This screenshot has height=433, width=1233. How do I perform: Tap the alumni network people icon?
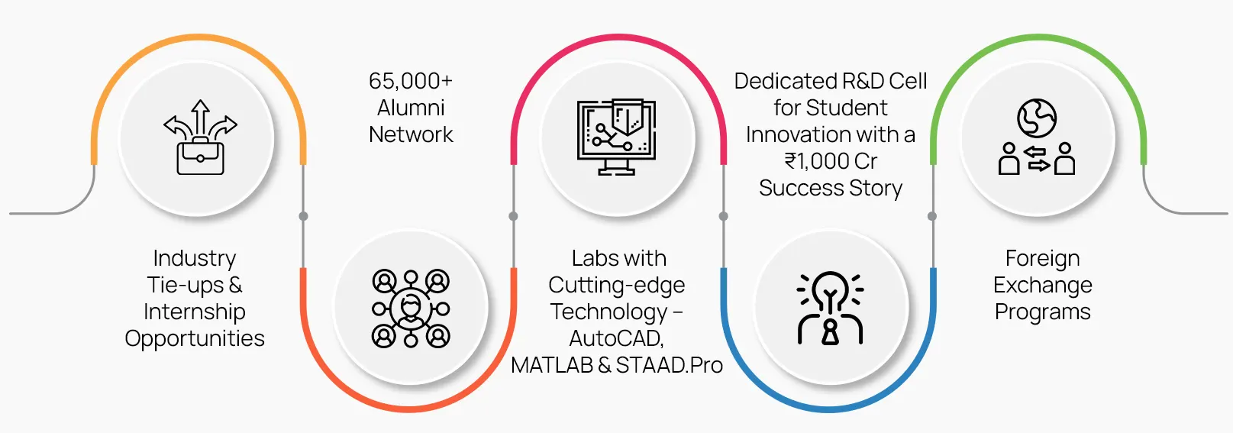411,308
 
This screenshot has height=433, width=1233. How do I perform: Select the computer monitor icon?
616,137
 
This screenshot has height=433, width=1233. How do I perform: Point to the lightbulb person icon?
830,308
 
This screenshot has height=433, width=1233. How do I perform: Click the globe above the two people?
1036,118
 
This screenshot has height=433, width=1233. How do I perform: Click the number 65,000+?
411,81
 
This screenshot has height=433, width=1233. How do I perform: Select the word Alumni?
411,108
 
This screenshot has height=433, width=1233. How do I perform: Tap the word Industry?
195,258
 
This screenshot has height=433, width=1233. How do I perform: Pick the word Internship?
195,312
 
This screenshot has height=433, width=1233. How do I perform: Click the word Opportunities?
195,338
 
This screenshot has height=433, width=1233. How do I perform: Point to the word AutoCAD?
616,338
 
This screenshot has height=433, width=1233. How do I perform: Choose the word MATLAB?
551,365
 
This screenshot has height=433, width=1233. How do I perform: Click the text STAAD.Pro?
669,365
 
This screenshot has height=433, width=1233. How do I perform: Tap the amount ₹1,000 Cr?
831,161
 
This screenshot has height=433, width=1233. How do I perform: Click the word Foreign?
1042,258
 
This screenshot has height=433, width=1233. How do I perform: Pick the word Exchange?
1042,285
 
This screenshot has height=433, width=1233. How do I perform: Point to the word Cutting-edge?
616,285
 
